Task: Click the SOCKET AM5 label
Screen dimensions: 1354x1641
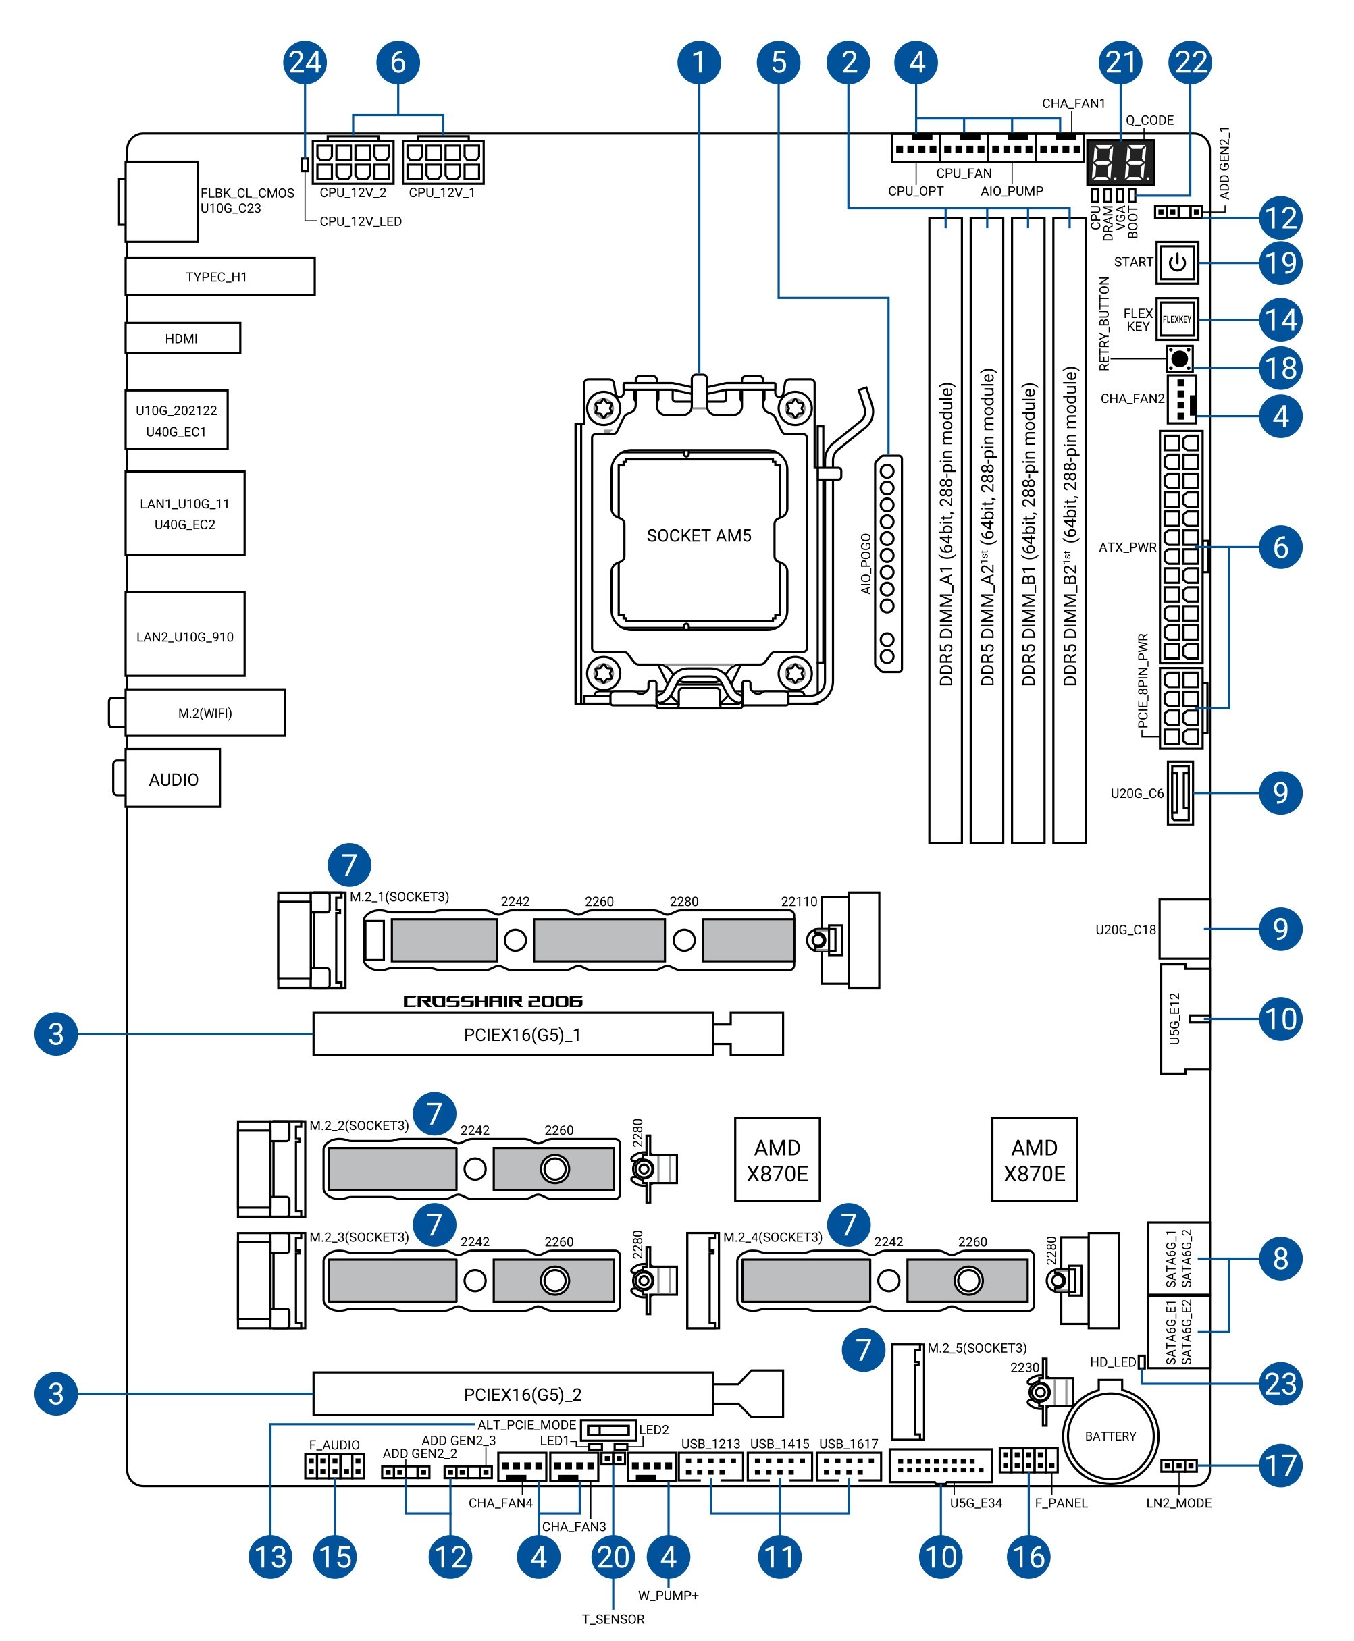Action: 699,535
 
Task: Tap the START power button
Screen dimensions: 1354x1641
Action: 1177,263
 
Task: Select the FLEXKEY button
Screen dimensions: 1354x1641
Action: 1177,319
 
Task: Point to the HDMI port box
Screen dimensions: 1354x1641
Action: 182,338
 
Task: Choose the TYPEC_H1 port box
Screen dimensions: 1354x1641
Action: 220,276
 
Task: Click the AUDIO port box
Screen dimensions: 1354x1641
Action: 172,778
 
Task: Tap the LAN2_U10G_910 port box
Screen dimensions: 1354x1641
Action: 185,634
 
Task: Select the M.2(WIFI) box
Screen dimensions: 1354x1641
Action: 205,713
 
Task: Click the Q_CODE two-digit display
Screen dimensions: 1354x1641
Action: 1120,162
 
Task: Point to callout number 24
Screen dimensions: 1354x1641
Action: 304,62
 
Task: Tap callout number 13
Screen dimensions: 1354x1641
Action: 271,1557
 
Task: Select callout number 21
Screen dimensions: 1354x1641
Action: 1121,62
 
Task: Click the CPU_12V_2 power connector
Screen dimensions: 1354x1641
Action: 353,161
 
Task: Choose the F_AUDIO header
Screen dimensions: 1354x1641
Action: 334,1465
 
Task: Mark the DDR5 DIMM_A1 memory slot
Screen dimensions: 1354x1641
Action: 945,530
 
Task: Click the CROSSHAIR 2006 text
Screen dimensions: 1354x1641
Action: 493,1001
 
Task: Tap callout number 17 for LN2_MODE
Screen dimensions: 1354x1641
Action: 1280,1465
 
